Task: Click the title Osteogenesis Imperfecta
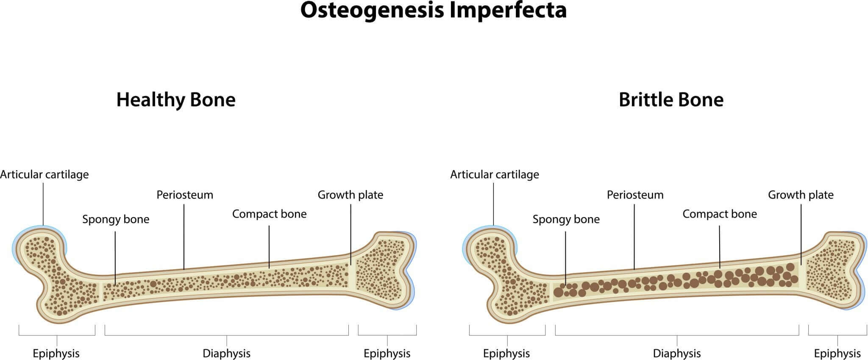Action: (x=433, y=10)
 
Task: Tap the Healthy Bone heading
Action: (x=176, y=100)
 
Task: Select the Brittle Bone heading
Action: (x=671, y=100)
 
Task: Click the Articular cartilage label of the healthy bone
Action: (x=45, y=175)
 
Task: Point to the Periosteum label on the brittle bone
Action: (x=635, y=195)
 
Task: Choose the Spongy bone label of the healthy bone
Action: (x=116, y=219)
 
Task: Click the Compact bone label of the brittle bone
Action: (x=719, y=214)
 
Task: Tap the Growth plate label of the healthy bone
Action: (x=350, y=195)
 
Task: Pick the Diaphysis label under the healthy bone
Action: (x=226, y=353)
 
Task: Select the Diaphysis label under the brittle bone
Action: (x=676, y=353)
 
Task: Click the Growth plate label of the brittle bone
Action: (x=801, y=195)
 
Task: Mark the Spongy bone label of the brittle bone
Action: (x=566, y=219)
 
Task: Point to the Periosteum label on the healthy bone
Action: (x=185, y=195)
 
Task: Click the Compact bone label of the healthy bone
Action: (x=269, y=214)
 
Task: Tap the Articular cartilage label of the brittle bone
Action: (x=495, y=175)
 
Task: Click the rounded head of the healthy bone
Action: (x=40, y=250)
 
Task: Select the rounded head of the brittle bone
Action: (x=490, y=250)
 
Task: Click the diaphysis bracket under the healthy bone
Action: (x=226, y=335)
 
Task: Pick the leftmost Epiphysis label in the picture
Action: (x=56, y=353)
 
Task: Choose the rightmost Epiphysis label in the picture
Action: (x=837, y=353)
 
